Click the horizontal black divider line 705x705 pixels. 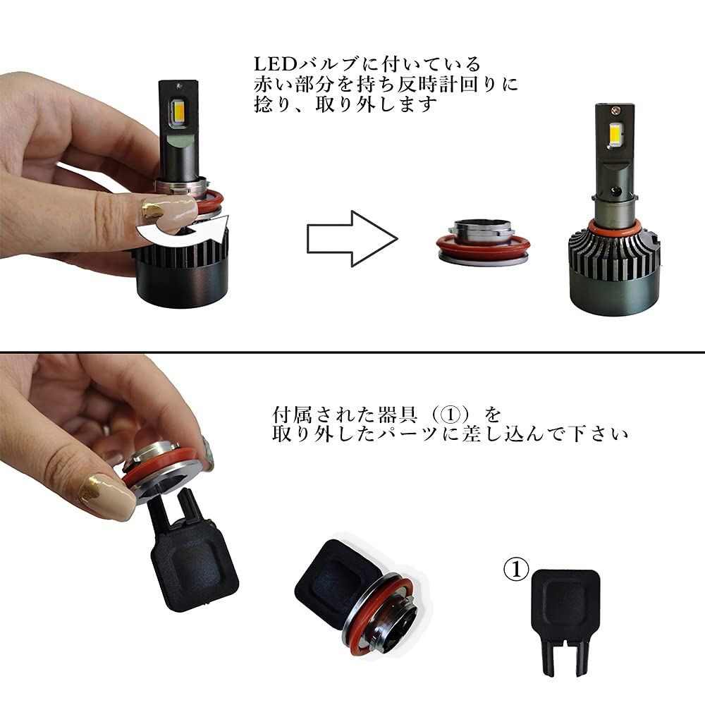[x=352, y=351]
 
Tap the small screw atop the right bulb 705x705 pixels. [x=619, y=110]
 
